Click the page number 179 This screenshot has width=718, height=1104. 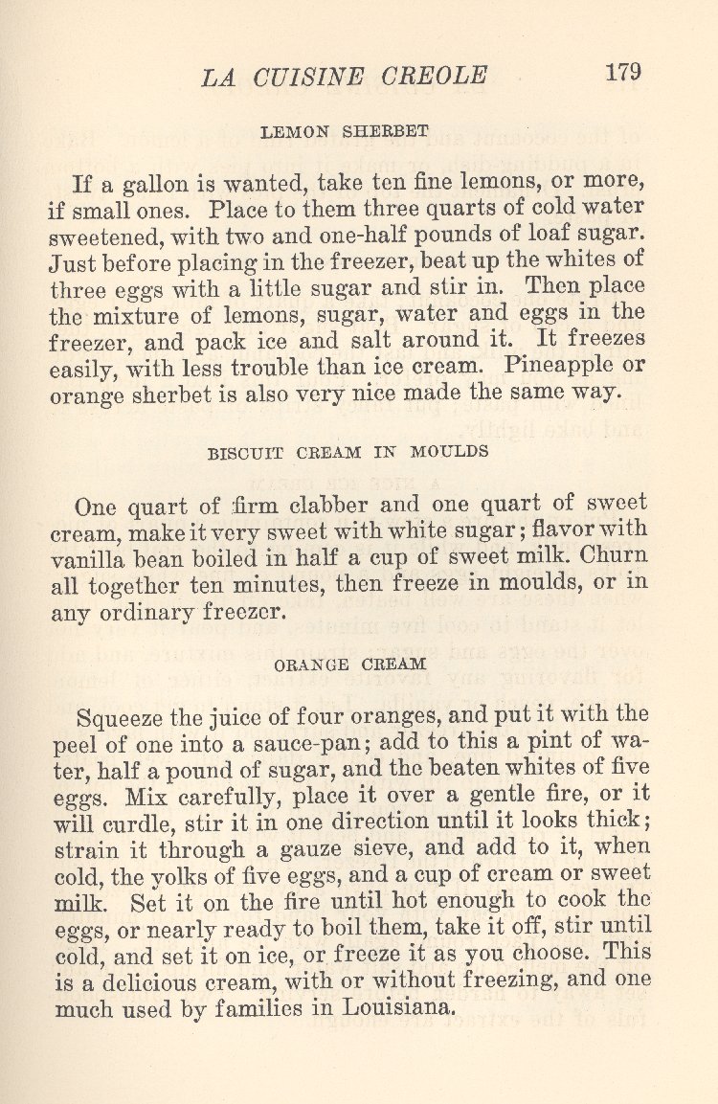(622, 72)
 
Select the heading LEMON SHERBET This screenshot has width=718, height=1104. (344, 132)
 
